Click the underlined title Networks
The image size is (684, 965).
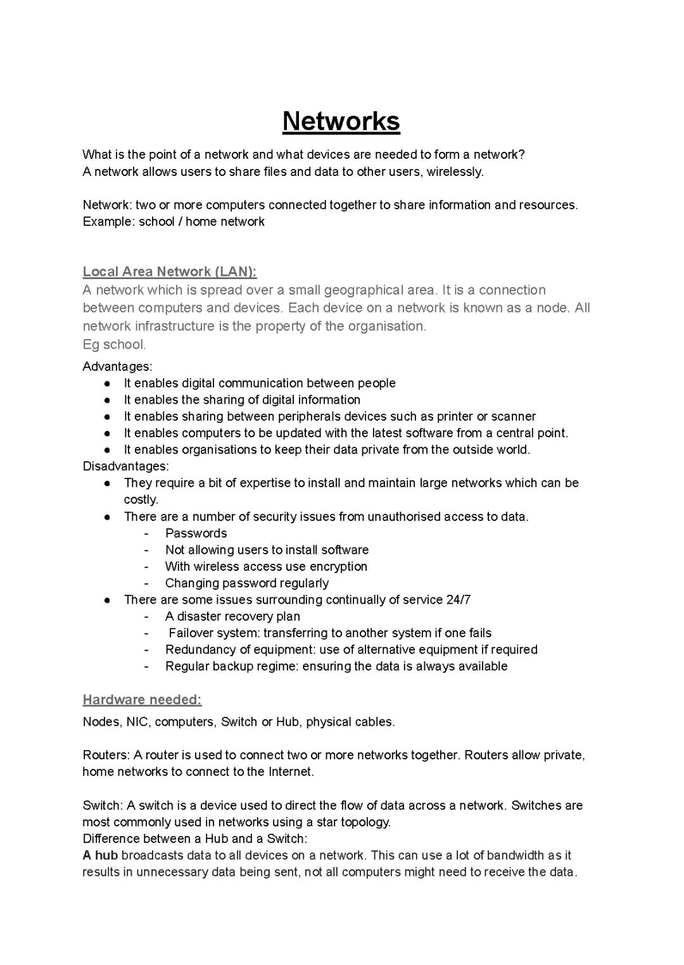(341, 121)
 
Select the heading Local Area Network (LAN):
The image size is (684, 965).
(169, 271)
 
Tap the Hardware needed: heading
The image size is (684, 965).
(142, 699)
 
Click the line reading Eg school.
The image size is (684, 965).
(114, 344)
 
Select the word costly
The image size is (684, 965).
(141, 499)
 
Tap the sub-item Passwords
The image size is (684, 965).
(196, 533)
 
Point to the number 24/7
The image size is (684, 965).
(458, 599)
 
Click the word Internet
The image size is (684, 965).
(291, 771)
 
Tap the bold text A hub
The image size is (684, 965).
(100, 856)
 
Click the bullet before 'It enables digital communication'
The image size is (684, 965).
(108, 383)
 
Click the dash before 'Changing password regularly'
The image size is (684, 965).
(146, 583)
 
